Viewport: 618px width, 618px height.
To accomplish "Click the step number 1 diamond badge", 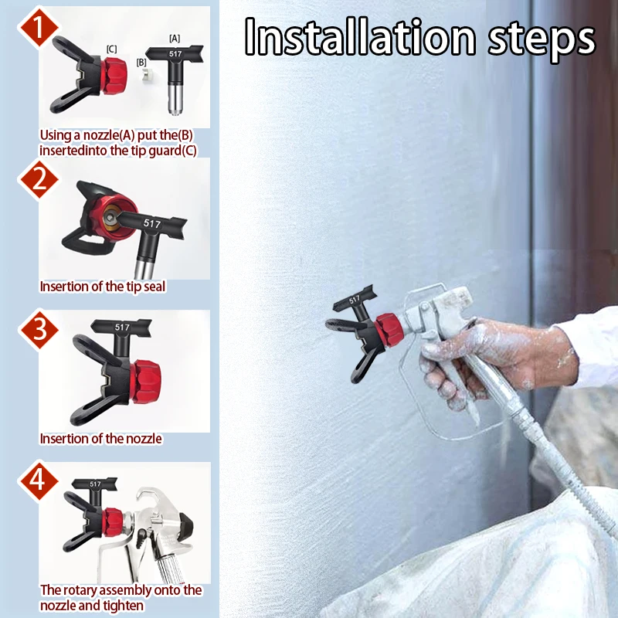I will pyautogui.click(x=36, y=25).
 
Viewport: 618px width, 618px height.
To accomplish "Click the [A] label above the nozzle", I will pyautogui.click(x=174, y=38).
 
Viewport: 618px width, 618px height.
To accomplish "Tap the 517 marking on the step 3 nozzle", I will pyautogui.click(x=122, y=327).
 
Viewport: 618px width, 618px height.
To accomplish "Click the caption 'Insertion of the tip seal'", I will pyautogui.click(x=102, y=287).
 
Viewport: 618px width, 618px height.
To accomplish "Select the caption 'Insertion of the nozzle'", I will pyautogui.click(x=100, y=438).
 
